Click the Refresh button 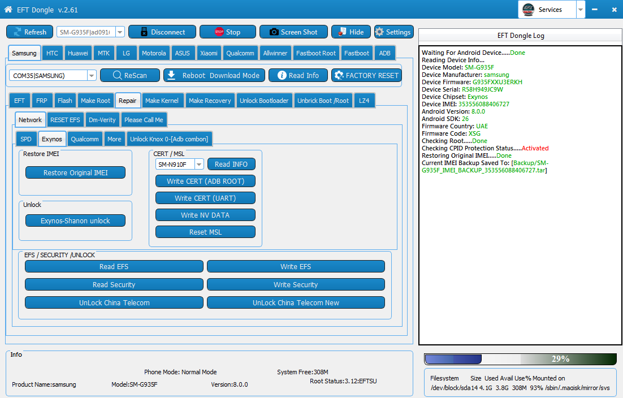coord(30,32)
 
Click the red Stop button coord(228,32)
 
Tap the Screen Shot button coord(293,32)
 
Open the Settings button coord(393,32)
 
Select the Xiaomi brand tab coord(209,53)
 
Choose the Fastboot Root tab coord(316,53)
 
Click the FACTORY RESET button coord(367,75)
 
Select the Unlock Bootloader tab coord(264,101)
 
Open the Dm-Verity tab coord(102,120)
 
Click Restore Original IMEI coord(76,173)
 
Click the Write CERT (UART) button coord(205,198)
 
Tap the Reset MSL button coord(205,232)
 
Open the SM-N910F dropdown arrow coord(199,165)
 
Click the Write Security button coord(296,285)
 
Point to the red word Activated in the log coord(535,148)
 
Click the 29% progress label coord(560,359)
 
